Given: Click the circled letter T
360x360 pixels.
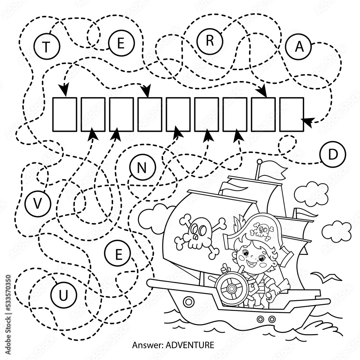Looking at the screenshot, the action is [46, 46].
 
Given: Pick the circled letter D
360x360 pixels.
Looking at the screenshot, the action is [332, 154].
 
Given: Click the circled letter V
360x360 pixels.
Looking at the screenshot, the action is [38, 203].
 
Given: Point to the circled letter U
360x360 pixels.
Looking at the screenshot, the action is [63, 295].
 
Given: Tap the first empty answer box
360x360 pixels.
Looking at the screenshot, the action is [65, 114].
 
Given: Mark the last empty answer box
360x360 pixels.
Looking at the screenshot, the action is [292, 114].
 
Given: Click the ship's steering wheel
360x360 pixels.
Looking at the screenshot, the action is [232, 287].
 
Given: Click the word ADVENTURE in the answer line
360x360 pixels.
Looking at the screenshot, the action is [190, 345].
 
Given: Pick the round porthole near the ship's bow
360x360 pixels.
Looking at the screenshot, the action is [189, 301].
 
